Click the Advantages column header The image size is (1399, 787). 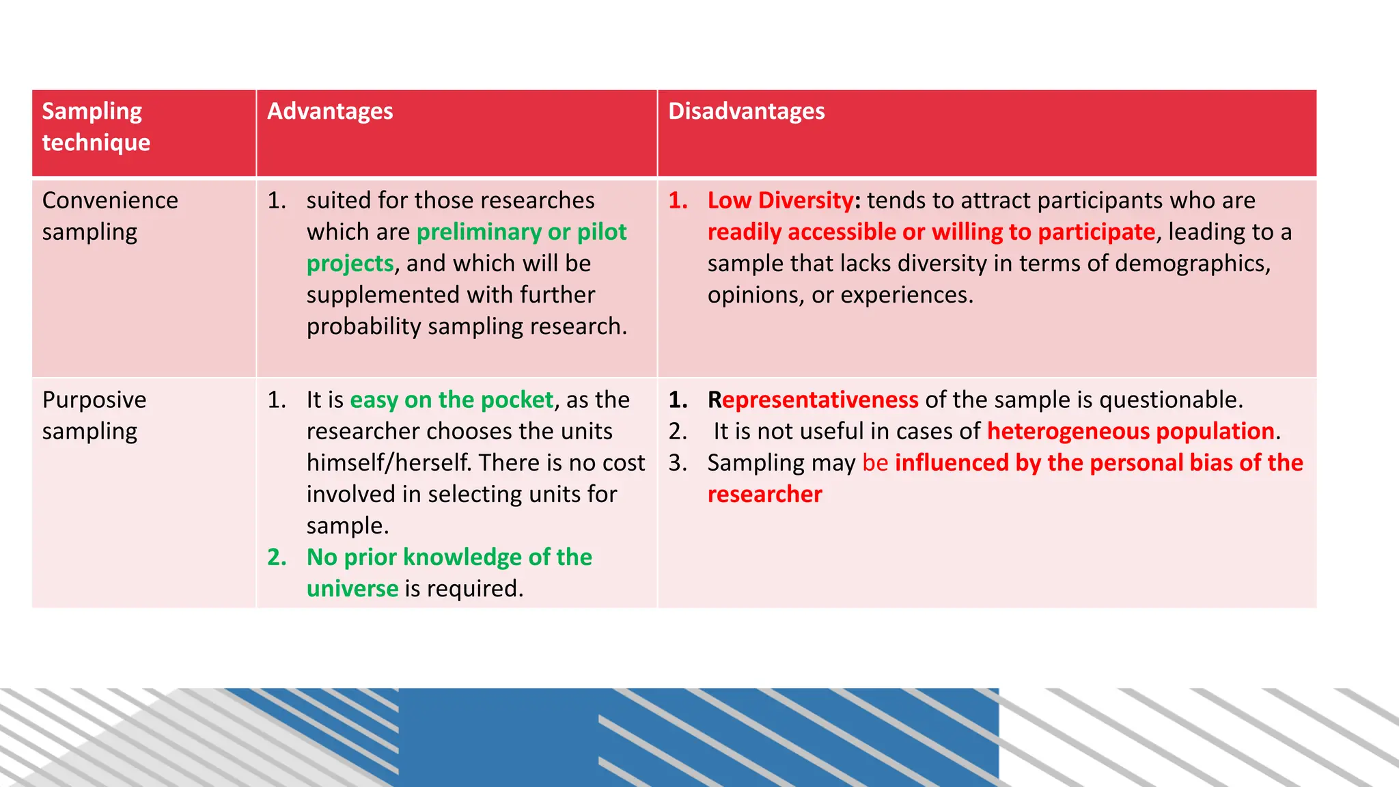(330, 111)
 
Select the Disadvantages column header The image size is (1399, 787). (746, 111)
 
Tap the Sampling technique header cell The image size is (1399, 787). (96, 127)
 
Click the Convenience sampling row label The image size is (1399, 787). (109, 216)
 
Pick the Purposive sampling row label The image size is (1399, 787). (94, 415)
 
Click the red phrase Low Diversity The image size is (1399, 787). (780, 200)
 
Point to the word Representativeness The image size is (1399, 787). (813, 400)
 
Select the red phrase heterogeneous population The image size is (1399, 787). (1131, 431)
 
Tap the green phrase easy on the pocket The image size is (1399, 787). (452, 400)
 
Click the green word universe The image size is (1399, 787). (352, 589)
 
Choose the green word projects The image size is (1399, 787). (350, 264)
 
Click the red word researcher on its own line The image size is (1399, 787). (764, 495)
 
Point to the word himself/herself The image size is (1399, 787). (389, 463)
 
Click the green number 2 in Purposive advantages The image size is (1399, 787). (276, 557)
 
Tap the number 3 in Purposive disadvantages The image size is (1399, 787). (677, 463)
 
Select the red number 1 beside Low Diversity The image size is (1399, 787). (677, 200)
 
